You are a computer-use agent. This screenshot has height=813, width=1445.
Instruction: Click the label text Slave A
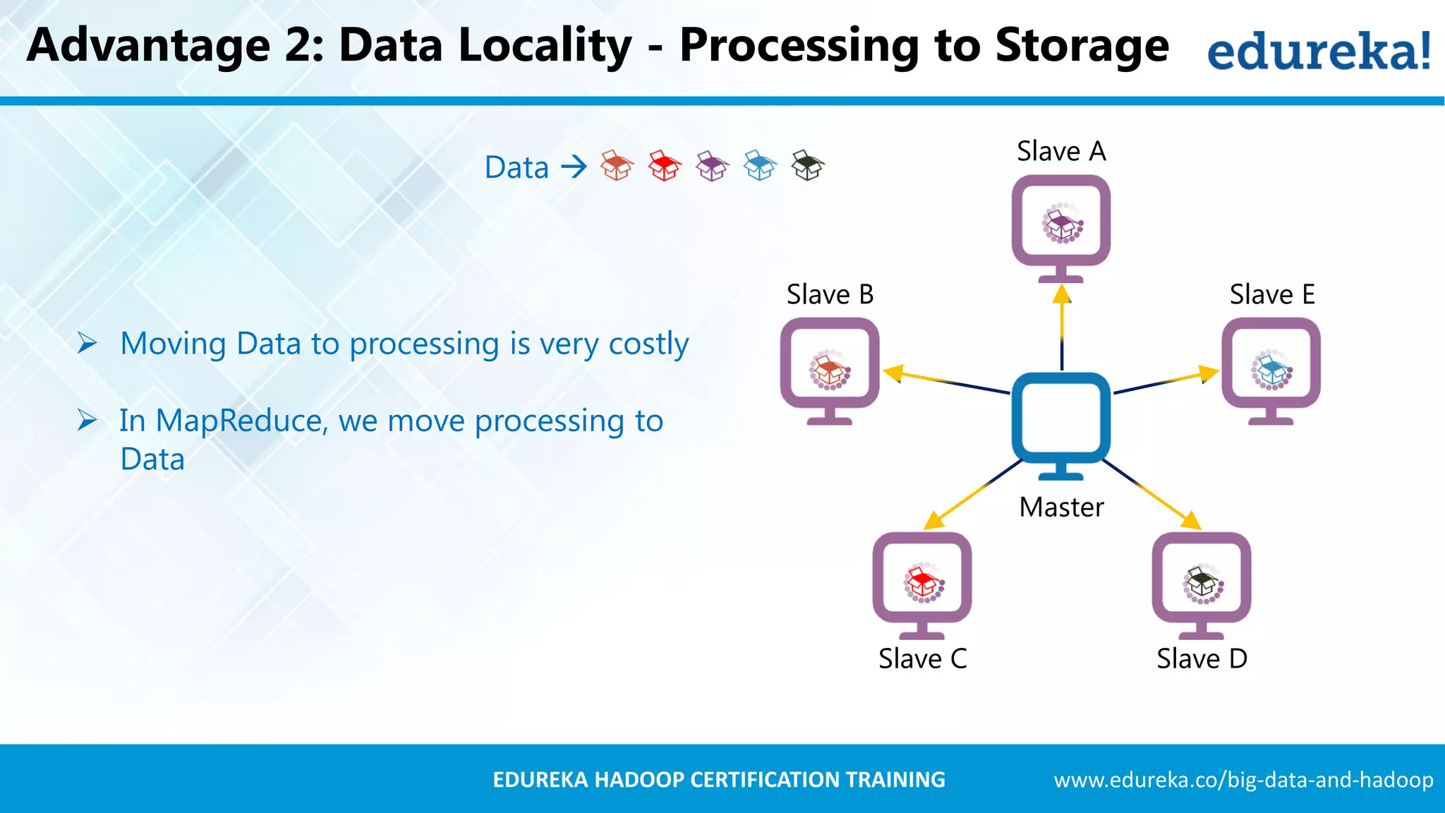[x=1061, y=152]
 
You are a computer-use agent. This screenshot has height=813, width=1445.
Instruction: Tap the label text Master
[x=1061, y=507]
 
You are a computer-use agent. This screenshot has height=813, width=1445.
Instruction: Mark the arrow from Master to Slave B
[x=945, y=381]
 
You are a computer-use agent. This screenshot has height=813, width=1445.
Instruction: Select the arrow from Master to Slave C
[x=974, y=494]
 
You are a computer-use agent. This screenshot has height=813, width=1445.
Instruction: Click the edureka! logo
[x=1319, y=51]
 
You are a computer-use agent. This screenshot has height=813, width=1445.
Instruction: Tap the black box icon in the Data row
[x=807, y=166]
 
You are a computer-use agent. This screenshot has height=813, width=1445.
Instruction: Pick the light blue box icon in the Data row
[x=760, y=166]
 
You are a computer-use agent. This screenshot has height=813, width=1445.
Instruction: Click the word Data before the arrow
[x=516, y=168]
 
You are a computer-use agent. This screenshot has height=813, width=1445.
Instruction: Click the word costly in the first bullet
[x=648, y=344]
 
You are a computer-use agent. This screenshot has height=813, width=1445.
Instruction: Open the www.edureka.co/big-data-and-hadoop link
[x=1243, y=780]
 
